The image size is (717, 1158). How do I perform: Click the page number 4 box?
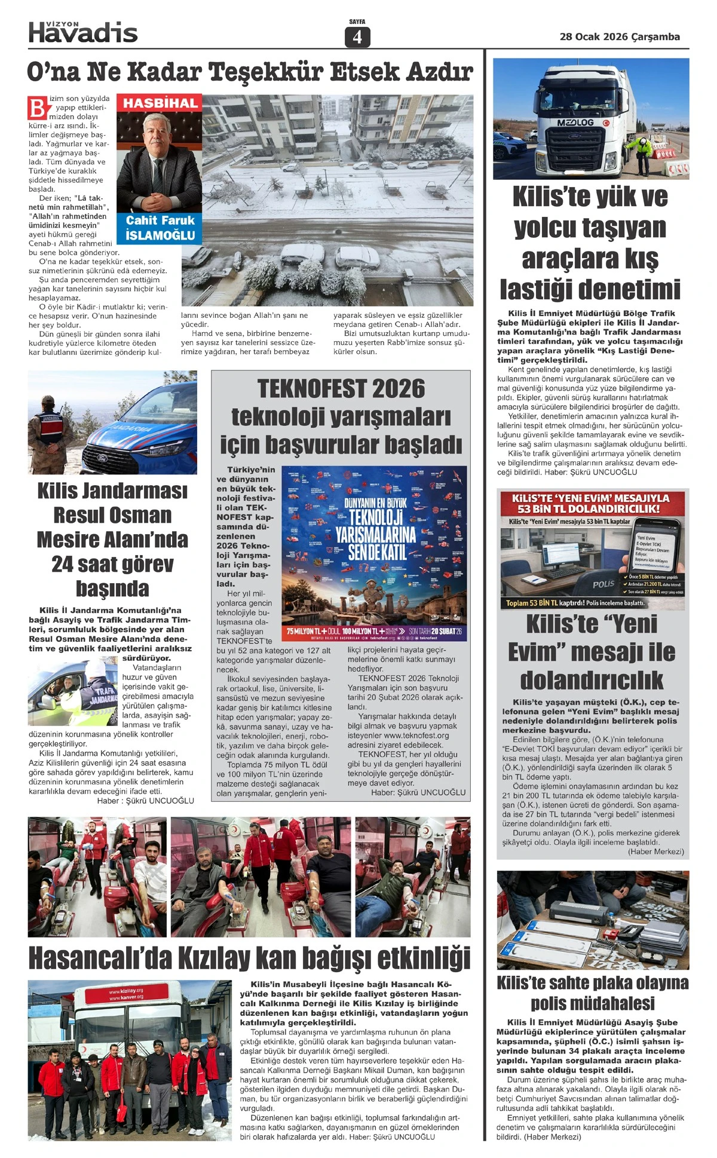coord(357,37)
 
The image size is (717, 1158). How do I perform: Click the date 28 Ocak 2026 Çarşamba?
coord(620,37)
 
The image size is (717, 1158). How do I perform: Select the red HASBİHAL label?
coord(160,103)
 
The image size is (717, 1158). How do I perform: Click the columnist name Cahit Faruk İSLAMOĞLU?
coord(160,228)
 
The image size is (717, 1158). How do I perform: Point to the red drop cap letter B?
coord(37,108)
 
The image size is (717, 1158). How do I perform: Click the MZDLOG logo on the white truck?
coord(575,122)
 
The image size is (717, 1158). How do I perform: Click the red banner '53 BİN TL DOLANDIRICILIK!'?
coord(589,509)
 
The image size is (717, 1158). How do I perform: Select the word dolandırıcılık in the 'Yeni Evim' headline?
coord(592,680)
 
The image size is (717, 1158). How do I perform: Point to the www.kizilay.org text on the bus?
coord(126,991)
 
